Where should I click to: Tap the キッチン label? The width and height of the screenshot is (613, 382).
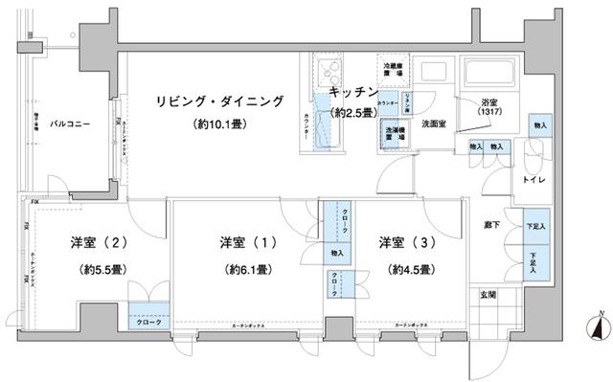pyautogui.click(x=352, y=92)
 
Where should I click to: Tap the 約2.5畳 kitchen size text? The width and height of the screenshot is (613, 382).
pyautogui.click(x=352, y=113)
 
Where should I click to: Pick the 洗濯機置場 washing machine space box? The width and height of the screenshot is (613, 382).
pyautogui.click(x=393, y=134)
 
